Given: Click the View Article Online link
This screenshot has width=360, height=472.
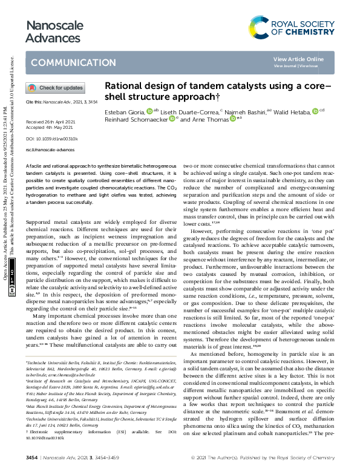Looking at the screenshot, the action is point(307,59).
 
